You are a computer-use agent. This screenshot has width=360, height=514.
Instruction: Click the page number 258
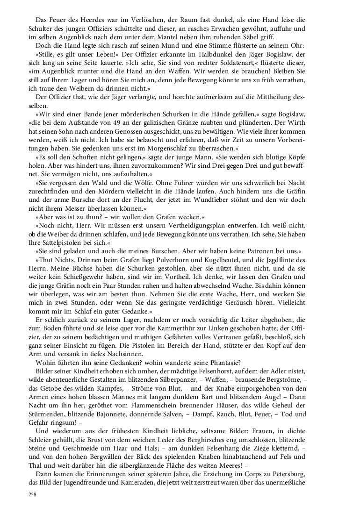click(x=32, y=494)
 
